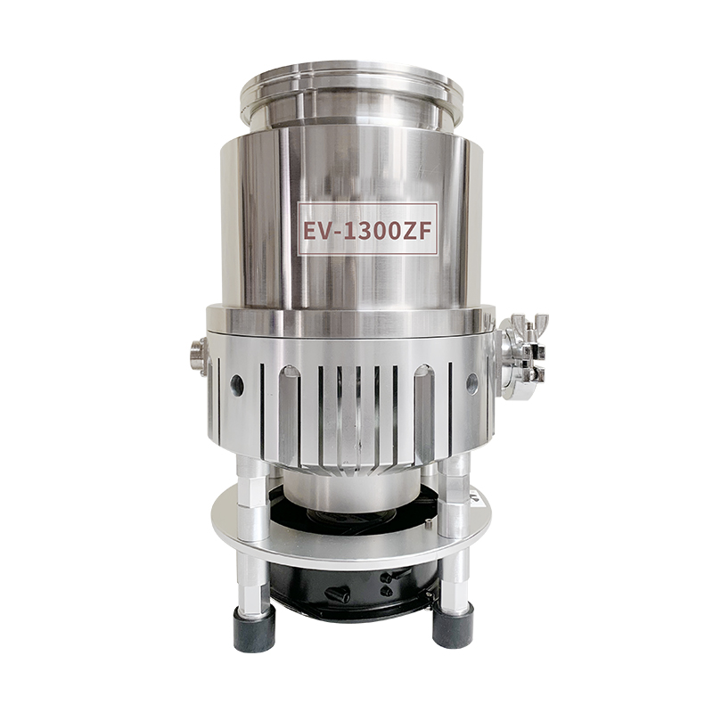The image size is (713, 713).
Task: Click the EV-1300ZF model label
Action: pos(367,229)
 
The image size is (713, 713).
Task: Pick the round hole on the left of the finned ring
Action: pos(237,385)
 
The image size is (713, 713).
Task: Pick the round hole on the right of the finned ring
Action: pos(472,383)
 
